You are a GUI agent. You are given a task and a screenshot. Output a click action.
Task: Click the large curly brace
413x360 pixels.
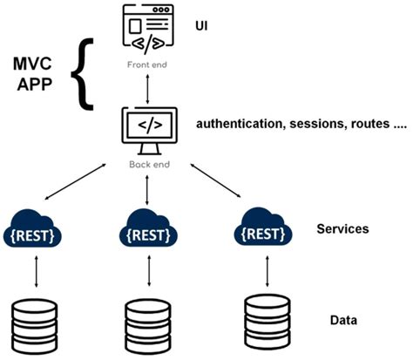[x=85, y=76]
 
